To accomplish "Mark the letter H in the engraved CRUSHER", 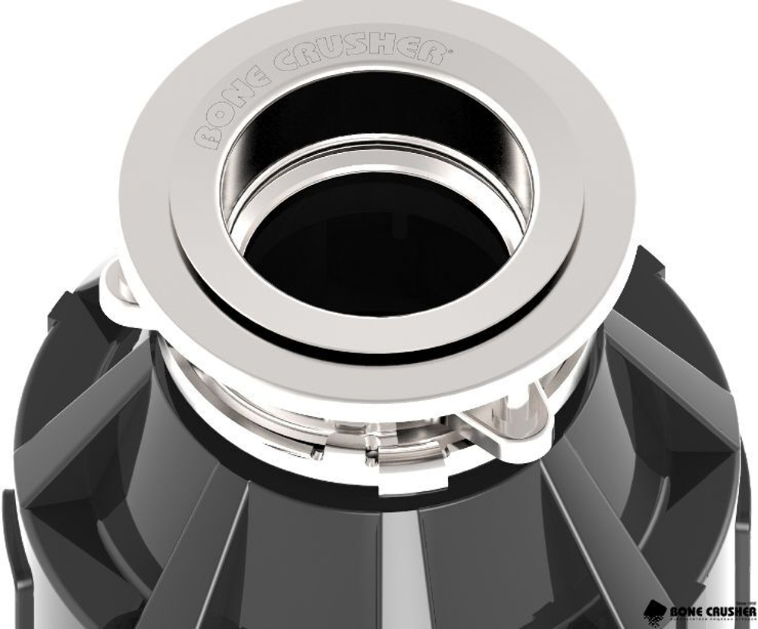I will [x=394, y=51].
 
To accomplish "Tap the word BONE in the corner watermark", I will [x=687, y=611].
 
